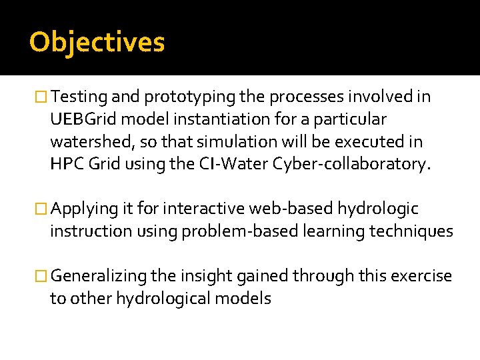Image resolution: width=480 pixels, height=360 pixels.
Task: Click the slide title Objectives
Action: pos(97,42)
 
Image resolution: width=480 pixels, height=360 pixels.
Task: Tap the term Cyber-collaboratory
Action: pos(353,165)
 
